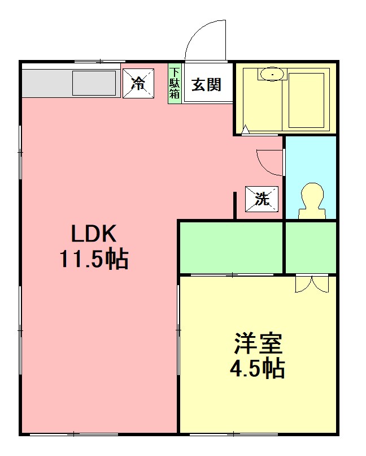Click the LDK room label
[93, 233]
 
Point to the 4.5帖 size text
[257, 369]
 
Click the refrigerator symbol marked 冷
[138, 84]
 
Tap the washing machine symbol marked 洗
[262, 199]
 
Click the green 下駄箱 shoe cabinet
[175, 84]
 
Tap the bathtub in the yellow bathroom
[306, 100]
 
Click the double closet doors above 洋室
[311, 283]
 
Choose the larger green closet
[230, 247]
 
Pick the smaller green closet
[311, 247]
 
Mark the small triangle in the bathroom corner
[246, 130]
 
